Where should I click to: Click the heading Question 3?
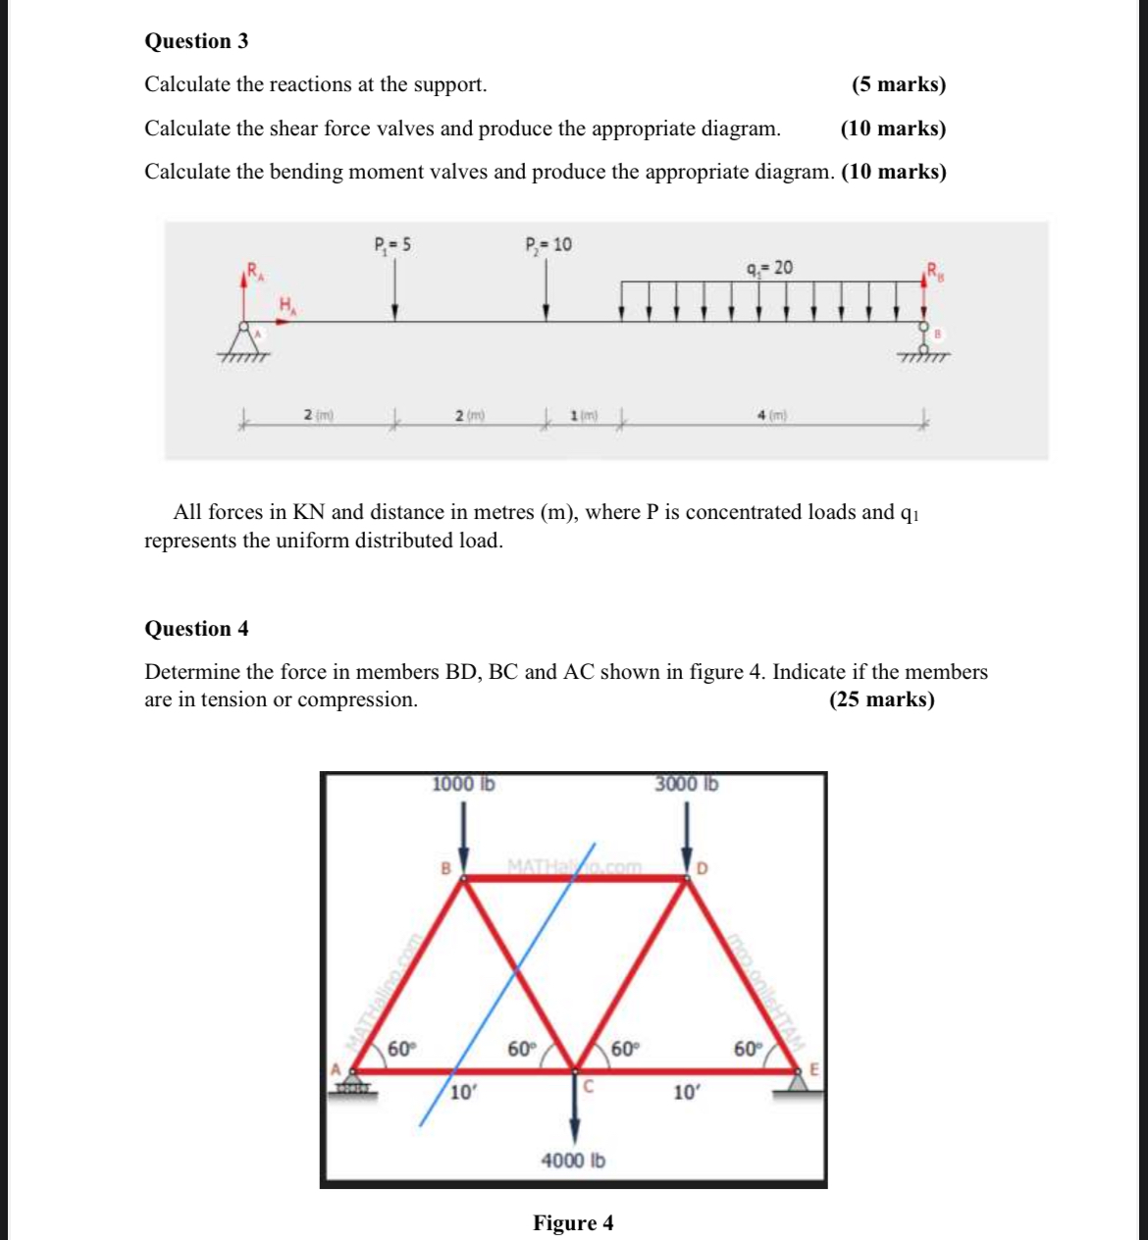click(x=196, y=41)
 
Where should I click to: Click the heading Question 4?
click(x=196, y=629)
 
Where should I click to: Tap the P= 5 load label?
click(x=392, y=244)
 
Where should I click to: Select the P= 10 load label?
click(x=548, y=244)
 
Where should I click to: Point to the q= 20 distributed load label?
click(x=769, y=267)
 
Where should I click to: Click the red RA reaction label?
click(x=253, y=270)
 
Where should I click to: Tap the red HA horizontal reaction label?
click(x=287, y=305)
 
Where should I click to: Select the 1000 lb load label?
click(x=463, y=784)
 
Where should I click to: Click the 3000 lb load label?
click(x=687, y=784)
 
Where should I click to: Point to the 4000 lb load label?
click(x=573, y=1161)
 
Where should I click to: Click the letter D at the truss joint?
click(x=703, y=868)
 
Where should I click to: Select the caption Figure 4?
click(x=573, y=1223)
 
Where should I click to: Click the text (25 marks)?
click(x=881, y=699)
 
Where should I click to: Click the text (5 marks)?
click(x=899, y=84)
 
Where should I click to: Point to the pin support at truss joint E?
click(x=799, y=1080)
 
